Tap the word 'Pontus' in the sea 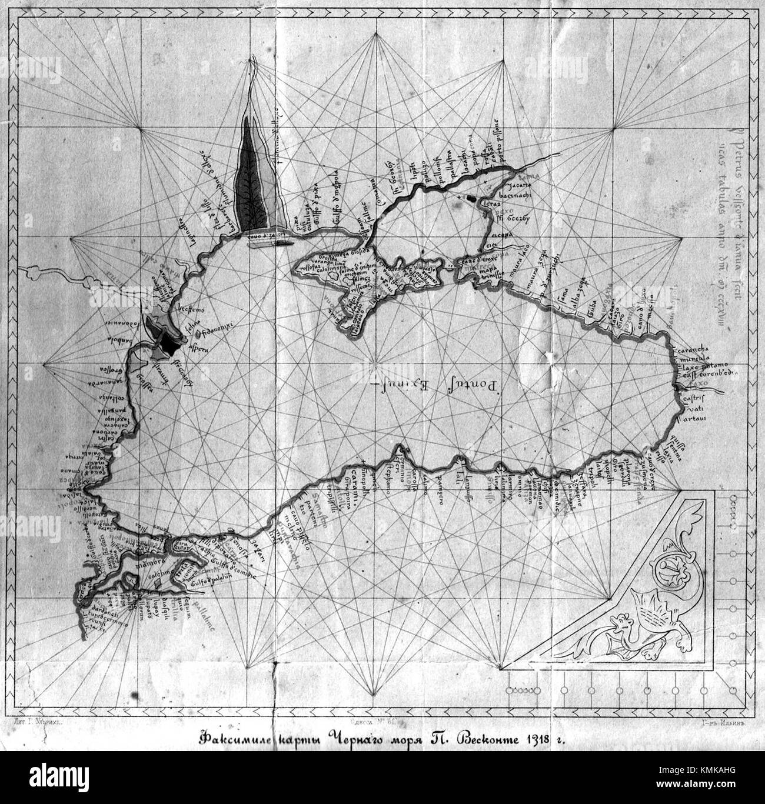pyautogui.click(x=472, y=383)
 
